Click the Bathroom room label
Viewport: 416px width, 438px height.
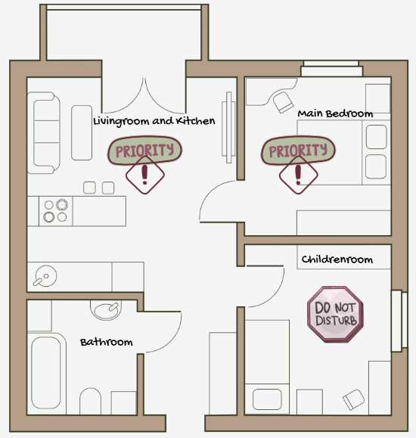tap(107, 342)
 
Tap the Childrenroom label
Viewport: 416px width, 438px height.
tap(337, 259)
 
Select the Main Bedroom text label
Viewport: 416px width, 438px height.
tap(335, 113)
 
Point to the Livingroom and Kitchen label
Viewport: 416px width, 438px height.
tap(154, 122)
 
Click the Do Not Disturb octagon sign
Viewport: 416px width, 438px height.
tap(335, 314)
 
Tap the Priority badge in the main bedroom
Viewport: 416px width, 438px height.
tap(298, 151)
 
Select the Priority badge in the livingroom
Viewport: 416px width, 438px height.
tap(144, 151)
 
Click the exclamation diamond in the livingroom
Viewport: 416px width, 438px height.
tap(145, 176)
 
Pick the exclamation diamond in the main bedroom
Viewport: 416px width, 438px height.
tap(298, 176)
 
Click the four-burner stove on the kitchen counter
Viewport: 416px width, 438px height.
tap(56, 211)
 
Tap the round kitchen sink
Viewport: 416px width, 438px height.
tap(45, 276)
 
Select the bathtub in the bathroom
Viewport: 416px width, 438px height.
tap(46, 373)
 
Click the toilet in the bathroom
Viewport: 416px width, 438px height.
tap(90, 401)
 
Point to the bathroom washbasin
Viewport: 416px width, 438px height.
tap(106, 310)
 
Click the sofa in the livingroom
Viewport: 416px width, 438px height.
tap(44, 132)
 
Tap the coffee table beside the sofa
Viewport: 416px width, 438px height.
tap(82, 132)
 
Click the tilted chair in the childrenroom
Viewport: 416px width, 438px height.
tap(353, 399)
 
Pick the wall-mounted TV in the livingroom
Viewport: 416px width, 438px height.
tap(229, 128)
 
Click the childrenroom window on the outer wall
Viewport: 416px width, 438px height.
tap(399, 321)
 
